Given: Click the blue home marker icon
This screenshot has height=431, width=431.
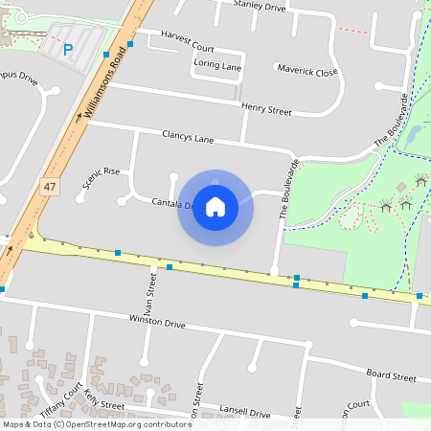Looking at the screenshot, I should (215, 206).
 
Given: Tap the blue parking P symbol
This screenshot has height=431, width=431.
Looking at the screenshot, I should (67, 50).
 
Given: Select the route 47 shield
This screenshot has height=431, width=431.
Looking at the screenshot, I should (49, 189).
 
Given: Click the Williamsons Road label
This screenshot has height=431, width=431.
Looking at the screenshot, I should (104, 86).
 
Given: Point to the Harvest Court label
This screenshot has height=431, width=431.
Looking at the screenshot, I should (188, 47).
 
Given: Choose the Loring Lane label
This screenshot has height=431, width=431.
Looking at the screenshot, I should (217, 65).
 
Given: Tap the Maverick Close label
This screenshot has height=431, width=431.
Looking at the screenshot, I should (307, 71).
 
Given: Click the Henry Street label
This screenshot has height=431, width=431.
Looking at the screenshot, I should (266, 110).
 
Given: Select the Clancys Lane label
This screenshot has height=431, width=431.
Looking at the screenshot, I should (189, 138).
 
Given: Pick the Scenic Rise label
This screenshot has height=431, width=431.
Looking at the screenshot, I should (102, 177).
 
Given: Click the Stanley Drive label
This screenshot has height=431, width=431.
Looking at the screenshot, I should (260, 7).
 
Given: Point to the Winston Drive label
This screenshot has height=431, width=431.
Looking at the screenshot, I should (157, 325).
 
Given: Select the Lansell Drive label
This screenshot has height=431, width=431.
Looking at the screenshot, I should (244, 413).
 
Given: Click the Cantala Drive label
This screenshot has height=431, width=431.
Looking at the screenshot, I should (173, 204).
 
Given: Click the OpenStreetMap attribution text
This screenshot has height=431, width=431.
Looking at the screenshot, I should (96, 424).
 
